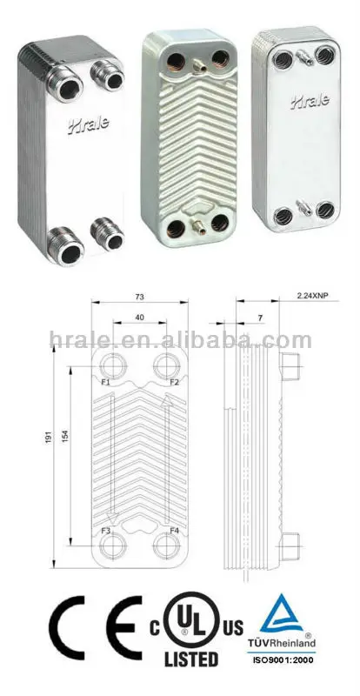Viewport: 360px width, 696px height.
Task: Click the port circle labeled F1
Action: point(113,366)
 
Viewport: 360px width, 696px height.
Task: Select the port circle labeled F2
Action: point(168,366)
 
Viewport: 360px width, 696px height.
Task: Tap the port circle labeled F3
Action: point(113,545)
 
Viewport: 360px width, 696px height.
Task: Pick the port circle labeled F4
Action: point(168,545)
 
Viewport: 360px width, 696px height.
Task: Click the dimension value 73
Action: point(139,297)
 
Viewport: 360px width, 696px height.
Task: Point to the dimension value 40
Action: point(140,318)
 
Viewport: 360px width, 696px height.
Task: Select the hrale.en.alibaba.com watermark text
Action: point(180,339)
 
